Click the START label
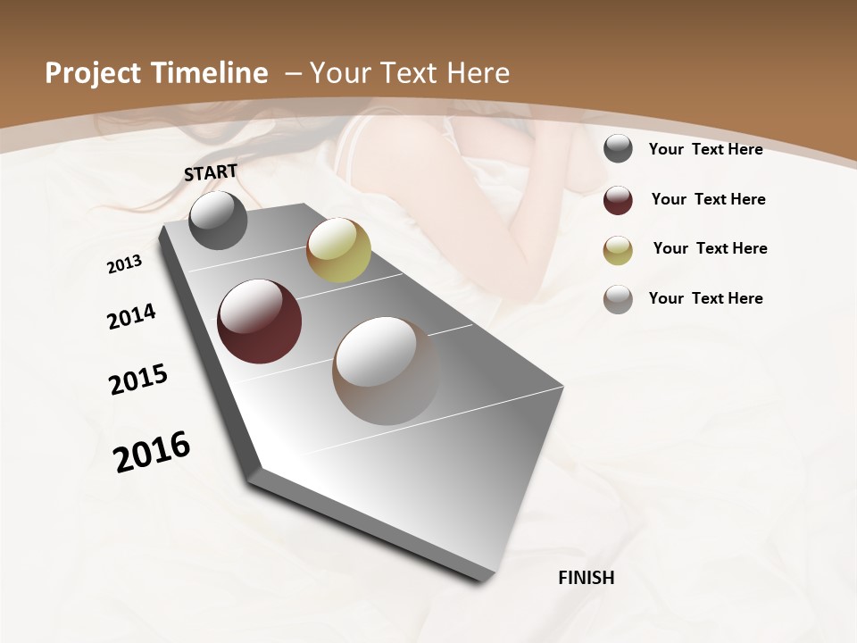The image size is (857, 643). click(211, 171)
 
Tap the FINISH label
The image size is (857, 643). click(586, 578)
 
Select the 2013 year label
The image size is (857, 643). click(124, 264)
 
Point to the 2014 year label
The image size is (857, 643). click(131, 316)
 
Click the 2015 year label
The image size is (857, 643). click(138, 380)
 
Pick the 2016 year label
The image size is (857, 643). click(152, 452)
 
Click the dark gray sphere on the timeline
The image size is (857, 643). click(218, 221)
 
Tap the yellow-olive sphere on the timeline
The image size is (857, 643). click(338, 250)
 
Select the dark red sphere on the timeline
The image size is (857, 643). click(259, 321)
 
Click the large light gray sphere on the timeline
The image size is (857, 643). click(386, 370)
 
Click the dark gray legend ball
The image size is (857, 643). click(618, 148)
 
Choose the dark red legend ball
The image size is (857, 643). click(618, 200)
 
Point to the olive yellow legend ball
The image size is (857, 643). click(618, 250)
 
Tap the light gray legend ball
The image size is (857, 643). click(618, 299)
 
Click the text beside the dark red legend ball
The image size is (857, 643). click(708, 199)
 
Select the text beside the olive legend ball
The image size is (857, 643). click(710, 248)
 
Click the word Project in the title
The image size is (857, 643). click(92, 73)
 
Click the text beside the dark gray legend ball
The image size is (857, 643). click(705, 149)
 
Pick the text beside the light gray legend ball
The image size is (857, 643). click(705, 298)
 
